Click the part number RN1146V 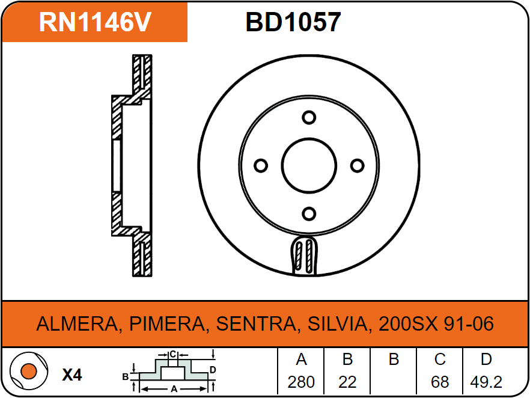coord(95,22)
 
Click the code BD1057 coord(293,22)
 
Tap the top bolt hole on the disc coord(309,118)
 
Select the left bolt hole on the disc coord(261,166)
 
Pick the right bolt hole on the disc coord(357,166)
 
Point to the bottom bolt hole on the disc coord(309,213)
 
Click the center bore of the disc coord(309,166)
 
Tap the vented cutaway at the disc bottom coord(304,256)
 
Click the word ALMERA coord(77,324)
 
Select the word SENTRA coord(256,324)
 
